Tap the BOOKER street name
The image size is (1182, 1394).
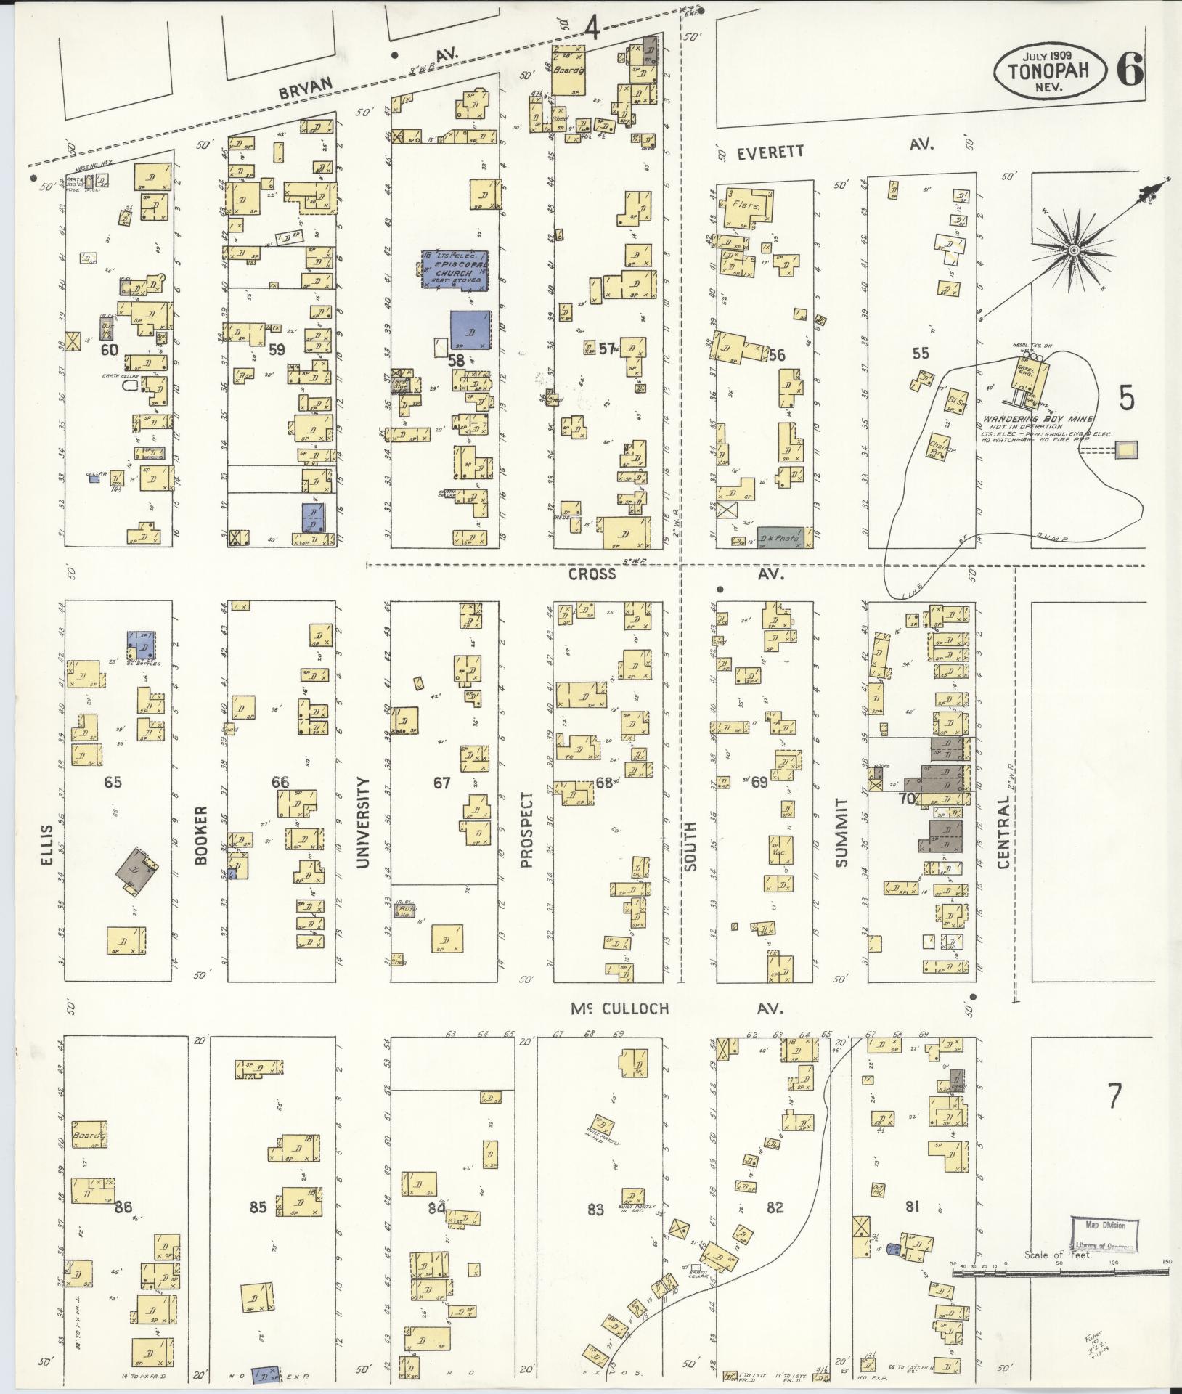point(201,835)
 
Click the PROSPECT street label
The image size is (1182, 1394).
point(526,830)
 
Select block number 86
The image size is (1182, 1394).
point(123,1207)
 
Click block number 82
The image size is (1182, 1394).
point(775,1207)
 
